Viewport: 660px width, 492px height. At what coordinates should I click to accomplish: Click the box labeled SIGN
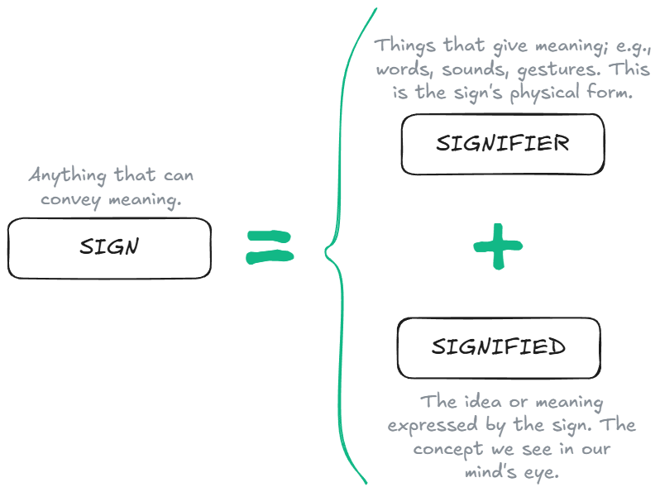pyautogui.click(x=109, y=247)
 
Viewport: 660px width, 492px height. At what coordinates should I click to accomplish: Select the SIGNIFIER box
pyautogui.click(x=502, y=144)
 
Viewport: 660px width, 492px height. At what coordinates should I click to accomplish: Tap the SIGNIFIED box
pyautogui.click(x=499, y=346)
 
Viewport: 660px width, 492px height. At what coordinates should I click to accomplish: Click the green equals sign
pyautogui.click(x=270, y=246)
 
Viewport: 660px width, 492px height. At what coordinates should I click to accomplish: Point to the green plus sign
pyautogui.click(x=499, y=246)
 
